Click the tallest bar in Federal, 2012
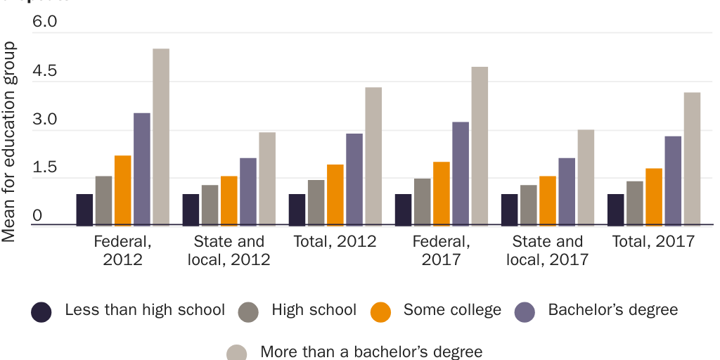161,137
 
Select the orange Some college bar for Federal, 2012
123,190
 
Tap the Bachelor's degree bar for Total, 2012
354,179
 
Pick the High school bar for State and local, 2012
210,205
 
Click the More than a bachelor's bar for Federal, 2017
480,146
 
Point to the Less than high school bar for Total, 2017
615,210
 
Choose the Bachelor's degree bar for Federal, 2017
461,174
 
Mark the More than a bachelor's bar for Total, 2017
692,159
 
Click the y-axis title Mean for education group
9,141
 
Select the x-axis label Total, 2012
335,242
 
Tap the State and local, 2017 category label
548,250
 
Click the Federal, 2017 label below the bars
442,250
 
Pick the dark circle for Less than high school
41,311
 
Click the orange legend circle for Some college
380,311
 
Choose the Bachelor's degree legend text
613,310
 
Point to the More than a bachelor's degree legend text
371,351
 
